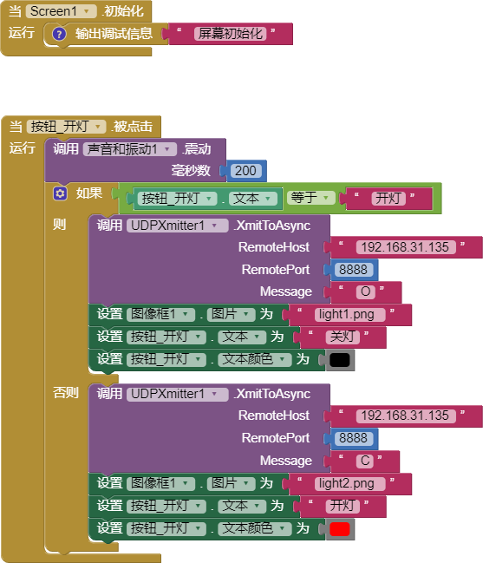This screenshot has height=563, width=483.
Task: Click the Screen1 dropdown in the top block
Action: [x=62, y=11]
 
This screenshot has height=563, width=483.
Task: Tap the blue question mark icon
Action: [x=59, y=34]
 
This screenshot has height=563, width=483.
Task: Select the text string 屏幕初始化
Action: [x=231, y=34]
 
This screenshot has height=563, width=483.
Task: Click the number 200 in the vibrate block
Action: [x=245, y=171]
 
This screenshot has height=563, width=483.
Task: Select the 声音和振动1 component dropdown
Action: [x=129, y=149]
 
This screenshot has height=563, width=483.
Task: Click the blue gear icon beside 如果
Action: [x=60, y=193]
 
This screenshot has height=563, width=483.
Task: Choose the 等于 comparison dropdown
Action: [x=310, y=198]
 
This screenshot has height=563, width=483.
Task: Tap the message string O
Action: [x=366, y=291]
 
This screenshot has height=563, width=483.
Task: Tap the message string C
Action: [x=365, y=461]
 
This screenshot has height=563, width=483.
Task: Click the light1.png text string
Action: [x=350, y=315]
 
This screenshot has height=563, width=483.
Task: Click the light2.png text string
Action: [x=350, y=484]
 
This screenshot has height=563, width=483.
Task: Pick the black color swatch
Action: [x=339, y=360]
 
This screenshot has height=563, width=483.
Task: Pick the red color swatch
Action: [x=339, y=529]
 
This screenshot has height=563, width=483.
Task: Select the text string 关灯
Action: [x=343, y=337]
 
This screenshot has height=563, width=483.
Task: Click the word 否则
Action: [x=66, y=392]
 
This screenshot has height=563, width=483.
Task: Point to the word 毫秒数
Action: [x=191, y=171]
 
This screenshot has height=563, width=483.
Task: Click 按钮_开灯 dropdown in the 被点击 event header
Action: [x=67, y=127]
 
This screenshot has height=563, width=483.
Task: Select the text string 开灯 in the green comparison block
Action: [x=388, y=198]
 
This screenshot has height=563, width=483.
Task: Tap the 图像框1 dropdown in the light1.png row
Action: [x=160, y=315]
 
